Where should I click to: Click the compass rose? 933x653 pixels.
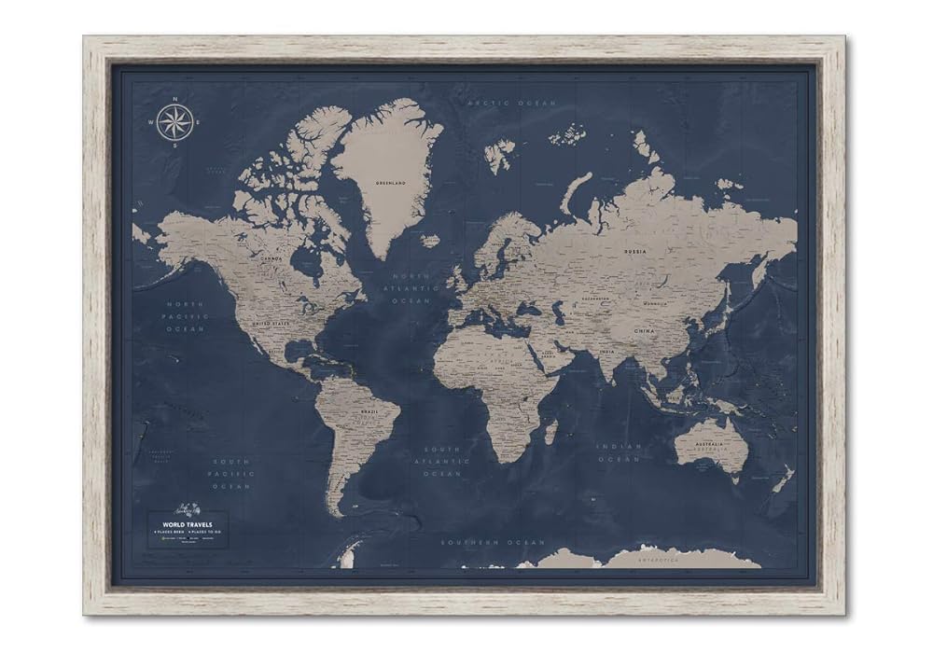pos(174,123)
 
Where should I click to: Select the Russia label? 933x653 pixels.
pos(636,251)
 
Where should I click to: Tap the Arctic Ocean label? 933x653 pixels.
pos(511,103)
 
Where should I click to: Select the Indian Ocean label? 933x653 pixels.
pos(620,452)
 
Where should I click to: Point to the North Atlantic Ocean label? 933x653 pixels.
pos(411,288)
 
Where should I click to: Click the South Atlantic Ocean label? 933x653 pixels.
pos(441,461)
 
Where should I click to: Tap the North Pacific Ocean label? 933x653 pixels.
pos(186,316)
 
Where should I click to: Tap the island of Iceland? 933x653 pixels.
pos(430,241)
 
